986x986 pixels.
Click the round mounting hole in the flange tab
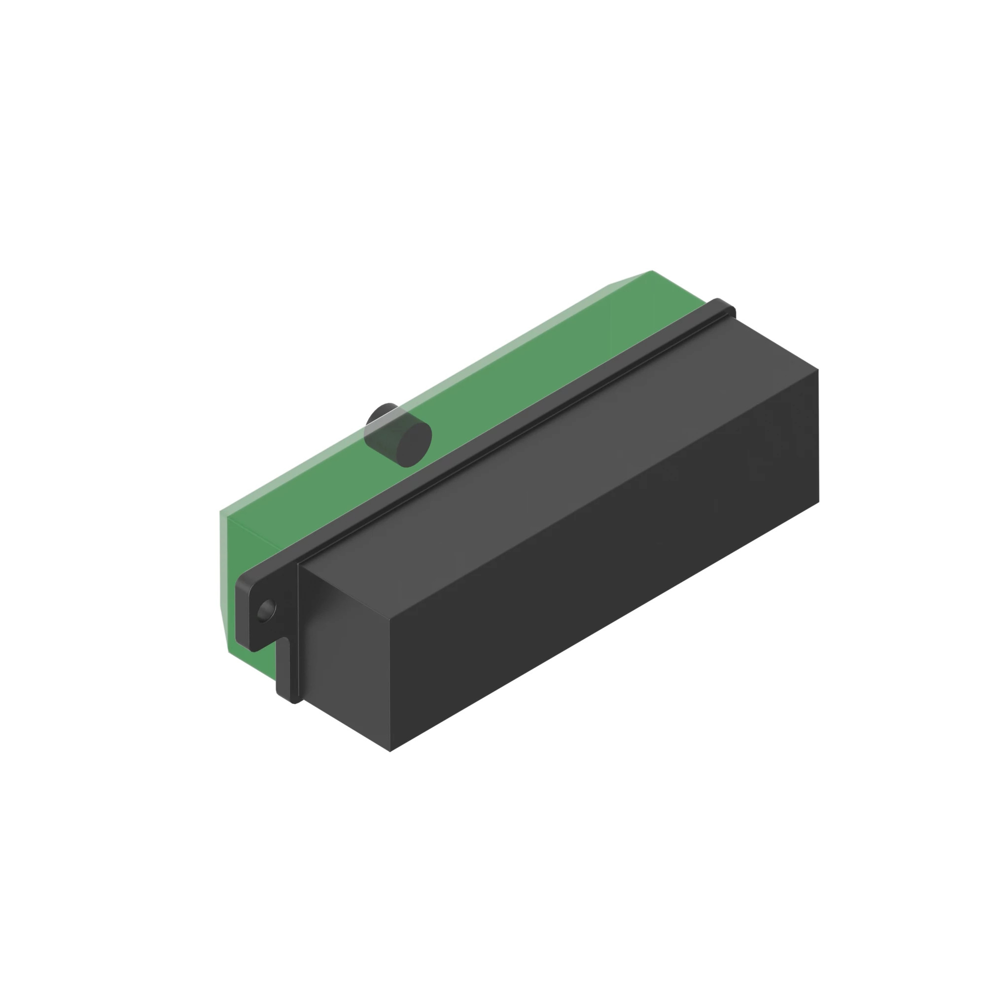pyautogui.click(x=266, y=609)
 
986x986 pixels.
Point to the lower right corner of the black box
pyautogui.click(x=818, y=502)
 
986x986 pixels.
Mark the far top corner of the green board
pyautogui.click(x=652, y=272)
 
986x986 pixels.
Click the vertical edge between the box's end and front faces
pyautogui.click(x=390, y=684)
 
